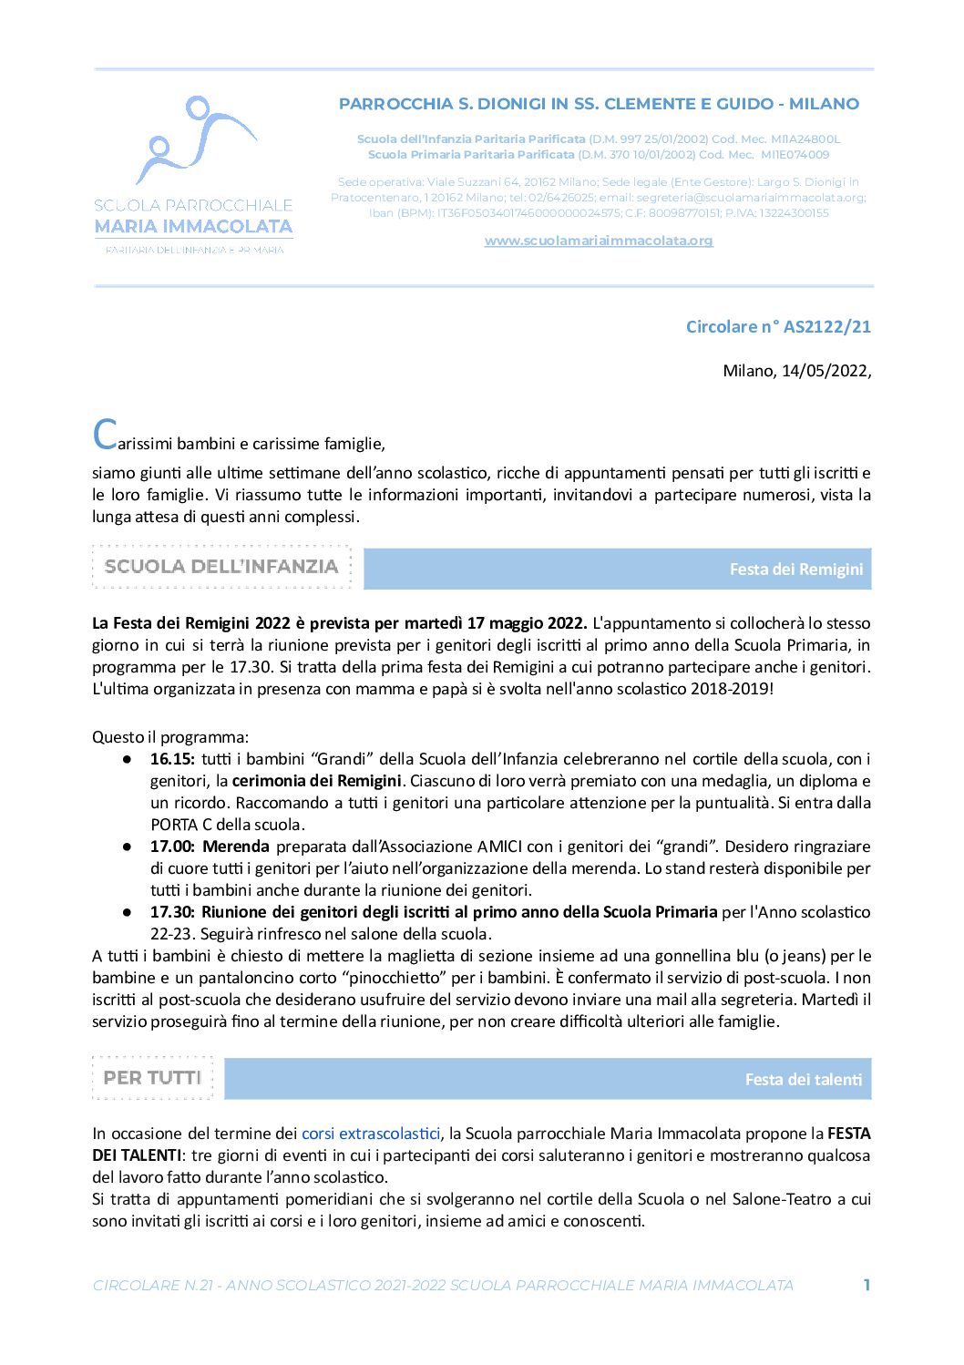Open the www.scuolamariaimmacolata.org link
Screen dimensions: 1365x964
(598, 241)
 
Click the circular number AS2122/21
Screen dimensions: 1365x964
(778, 326)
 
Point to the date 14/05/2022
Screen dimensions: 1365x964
(825, 371)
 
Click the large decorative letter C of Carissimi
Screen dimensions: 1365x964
(105, 435)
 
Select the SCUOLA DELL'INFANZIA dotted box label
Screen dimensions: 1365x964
(221, 567)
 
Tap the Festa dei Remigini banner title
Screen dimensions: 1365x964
(795, 570)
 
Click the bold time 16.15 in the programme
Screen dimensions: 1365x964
(172, 759)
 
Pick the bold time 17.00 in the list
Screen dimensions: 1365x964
(172, 847)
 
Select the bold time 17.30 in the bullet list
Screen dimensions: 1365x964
(172, 912)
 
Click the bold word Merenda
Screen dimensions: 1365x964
(236, 847)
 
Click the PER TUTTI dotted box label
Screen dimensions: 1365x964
(152, 1078)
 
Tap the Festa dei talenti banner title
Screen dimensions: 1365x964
(803, 1080)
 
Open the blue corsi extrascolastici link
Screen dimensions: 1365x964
(371, 1134)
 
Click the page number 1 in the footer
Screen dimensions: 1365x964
(867, 1285)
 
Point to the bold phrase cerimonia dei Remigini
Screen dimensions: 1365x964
(316, 781)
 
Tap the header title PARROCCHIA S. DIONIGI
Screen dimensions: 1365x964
(599, 104)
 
